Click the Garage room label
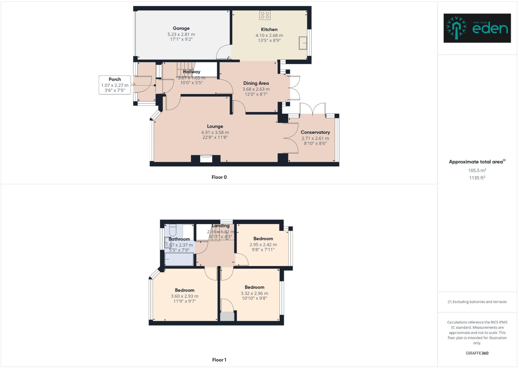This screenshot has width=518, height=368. click(x=181, y=28)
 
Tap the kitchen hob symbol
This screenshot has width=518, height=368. click(x=265, y=15)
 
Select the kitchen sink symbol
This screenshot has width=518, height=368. click(x=303, y=43)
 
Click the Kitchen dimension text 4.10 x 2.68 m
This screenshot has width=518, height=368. click(x=269, y=35)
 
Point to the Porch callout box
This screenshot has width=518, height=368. click(x=115, y=85)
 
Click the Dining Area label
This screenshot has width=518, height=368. click(x=256, y=83)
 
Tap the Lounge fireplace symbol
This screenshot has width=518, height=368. click(x=206, y=159)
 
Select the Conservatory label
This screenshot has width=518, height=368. click(x=315, y=132)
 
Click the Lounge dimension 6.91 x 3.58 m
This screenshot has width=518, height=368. click(x=215, y=132)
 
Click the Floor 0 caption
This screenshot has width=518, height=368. click(x=219, y=177)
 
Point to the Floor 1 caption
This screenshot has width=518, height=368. click(x=219, y=360)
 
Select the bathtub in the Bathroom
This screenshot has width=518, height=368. click(x=179, y=259)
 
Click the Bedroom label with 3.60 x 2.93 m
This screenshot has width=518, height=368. click(x=185, y=290)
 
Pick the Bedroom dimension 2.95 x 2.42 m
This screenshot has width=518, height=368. click(x=263, y=245)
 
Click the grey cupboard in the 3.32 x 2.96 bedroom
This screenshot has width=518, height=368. click(x=227, y=317)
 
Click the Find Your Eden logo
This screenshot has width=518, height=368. click(x=477, y=28)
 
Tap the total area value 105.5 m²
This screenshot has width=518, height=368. click(x=477, y=170)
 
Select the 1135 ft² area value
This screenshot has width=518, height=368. click(x=477, y=178)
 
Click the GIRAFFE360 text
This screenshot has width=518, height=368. click(x=477, y=353)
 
